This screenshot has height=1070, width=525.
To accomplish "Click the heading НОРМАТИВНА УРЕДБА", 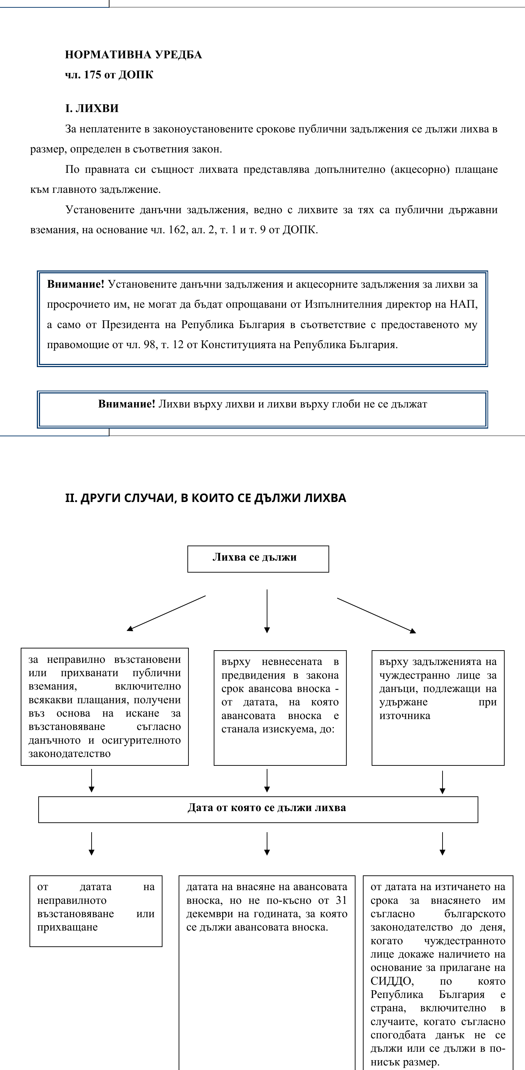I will pyautogui.click(x=133, y=55).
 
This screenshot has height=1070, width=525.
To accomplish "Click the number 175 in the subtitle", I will pyautogui.click(x=92, y=75).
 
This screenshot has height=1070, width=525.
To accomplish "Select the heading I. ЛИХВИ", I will pyautogui.click(x=92, y=109).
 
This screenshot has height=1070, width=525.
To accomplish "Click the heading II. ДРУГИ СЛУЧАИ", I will pyautogui.click(x=205, y=498).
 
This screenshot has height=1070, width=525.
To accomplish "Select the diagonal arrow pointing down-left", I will pyautogui.click(x=166, y=613).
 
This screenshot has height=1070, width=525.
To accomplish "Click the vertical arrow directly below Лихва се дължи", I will pyautogui.click(x=267, y=611).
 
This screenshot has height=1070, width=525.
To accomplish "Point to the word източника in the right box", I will pyautogui.click(x=405, y=716).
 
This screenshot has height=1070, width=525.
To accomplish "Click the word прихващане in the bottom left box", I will pyautogui.click(x=67, y=927).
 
